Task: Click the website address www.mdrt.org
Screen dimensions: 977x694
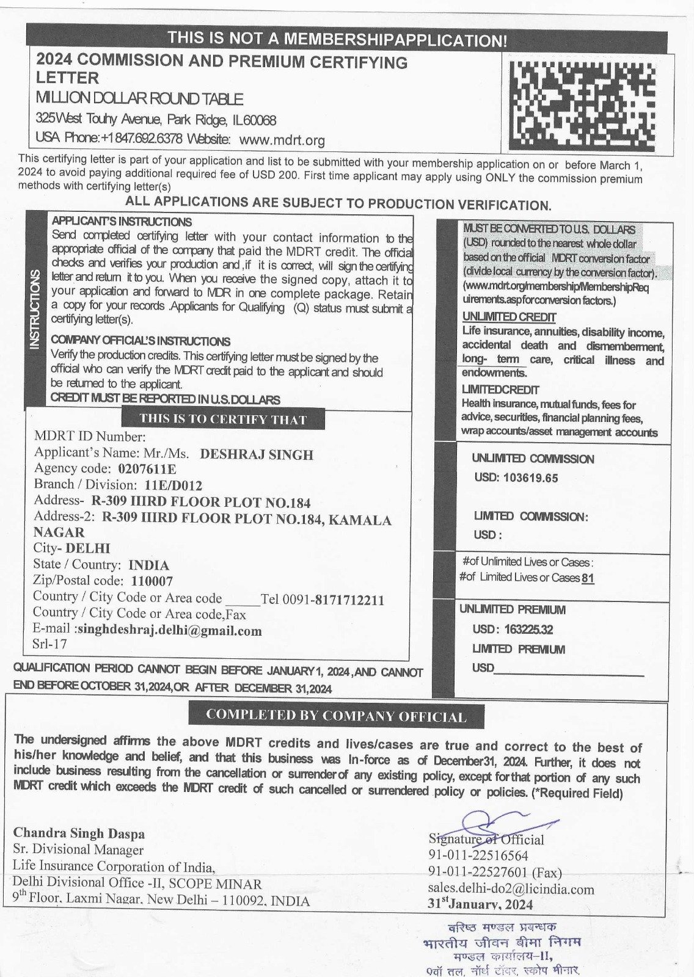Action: [282, 140]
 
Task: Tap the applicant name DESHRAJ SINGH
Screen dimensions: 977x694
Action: [257, 455]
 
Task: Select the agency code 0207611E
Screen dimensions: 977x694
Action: [143, 470]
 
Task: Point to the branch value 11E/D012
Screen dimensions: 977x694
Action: [173, 486]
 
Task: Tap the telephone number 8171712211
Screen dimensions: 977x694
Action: [349, 600]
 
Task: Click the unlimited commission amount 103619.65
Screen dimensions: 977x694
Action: [530, 478]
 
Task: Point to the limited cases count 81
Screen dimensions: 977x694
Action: [588, 578]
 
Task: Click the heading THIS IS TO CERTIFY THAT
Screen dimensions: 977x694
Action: [223, 419]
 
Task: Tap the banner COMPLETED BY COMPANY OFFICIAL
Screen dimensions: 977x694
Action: [336, 716]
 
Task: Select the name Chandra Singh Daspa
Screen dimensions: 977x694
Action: [79, 833]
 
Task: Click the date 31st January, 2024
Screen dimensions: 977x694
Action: [480, 904]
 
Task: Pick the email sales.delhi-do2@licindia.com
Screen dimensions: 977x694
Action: [511, 889]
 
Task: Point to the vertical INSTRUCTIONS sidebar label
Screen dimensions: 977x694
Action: [35, 309]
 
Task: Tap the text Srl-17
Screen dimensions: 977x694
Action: [49, 644]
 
